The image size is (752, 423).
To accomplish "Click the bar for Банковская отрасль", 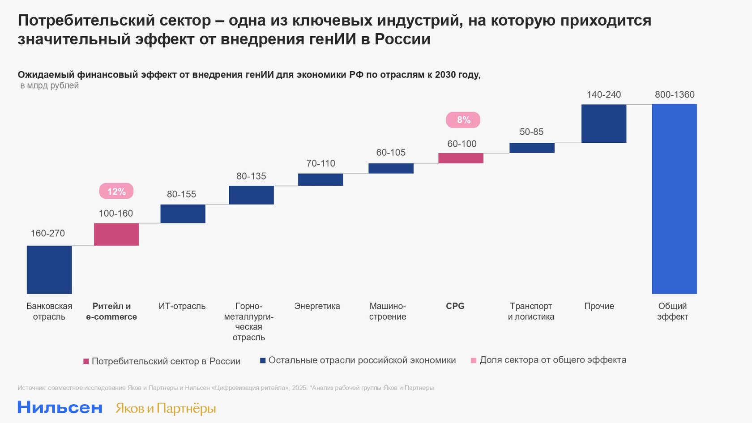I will (49, 269).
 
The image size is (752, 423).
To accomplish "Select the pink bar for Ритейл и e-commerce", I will (116, 234).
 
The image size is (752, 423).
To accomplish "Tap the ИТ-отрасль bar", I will (183, 214).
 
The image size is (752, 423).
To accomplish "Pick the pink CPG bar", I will (461, 158).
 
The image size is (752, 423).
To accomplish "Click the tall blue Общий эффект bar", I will (674, 199).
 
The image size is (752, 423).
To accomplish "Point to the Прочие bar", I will (603, 124).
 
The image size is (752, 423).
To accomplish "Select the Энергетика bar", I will (320, 179).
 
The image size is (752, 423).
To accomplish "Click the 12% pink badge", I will (116, 191).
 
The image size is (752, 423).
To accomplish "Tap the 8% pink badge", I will (463, 120).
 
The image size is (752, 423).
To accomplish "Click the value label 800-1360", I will (675, 94).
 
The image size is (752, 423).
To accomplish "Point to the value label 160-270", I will (48, 233).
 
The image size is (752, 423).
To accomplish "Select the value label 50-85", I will (531, 132).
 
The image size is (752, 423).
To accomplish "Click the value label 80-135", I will (251, 176).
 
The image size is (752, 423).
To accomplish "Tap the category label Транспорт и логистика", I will (531, 311).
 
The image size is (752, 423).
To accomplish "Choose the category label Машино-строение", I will (388, 311).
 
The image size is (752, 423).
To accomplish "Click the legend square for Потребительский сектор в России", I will (86, 361).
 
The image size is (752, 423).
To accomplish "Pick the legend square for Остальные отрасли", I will (263, 360).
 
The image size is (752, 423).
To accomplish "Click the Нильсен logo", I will (60, 407).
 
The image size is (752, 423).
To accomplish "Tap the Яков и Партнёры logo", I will (166, 408).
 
